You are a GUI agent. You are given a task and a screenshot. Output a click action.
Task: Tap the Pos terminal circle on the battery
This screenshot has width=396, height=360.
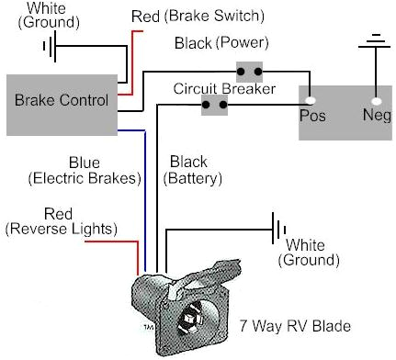[311, 100]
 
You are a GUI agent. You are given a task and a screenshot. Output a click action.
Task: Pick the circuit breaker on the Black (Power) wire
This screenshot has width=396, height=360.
[249, 69]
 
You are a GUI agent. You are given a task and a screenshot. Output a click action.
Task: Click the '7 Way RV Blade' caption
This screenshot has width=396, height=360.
[294, 325]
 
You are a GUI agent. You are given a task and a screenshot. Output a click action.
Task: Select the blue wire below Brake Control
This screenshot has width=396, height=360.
[143, 184]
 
